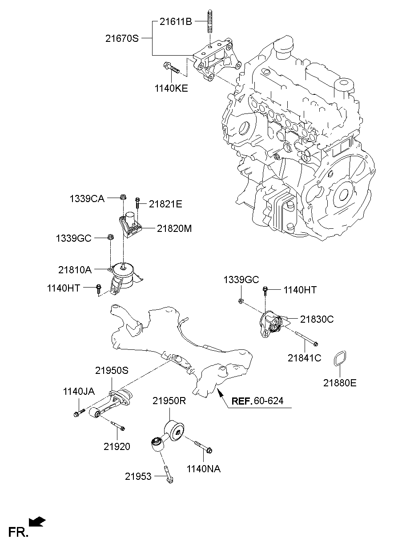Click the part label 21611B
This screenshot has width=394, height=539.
pyautogui.click(x=176, y=22)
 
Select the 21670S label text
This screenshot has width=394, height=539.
pyautogui.click(x=122, y=38)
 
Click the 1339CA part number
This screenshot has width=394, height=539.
pyautogui.click(x=87, y=199)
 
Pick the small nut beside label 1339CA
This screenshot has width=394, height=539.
pyautogui.click(x=123, y=197)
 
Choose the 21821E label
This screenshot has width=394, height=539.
pyautogui.click(x=165, y=204)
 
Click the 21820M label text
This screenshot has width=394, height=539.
pyautogui.click(x=174, y=228)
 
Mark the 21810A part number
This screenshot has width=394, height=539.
pyautogui.click(x=75, y=270)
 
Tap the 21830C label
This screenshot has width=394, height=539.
pyautogui.click(x=317, y=319)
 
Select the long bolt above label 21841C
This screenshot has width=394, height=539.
pyautogui.click(x=306, y=338)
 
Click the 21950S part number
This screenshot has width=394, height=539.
pyautogui.click(x=112, y=370)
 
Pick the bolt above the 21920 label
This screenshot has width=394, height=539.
pyautogui.click(x=118, y=426)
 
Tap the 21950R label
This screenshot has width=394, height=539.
pyautogui.click(x=169, y=401)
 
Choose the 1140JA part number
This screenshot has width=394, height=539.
pyautogui.click(x=79, y=392)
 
